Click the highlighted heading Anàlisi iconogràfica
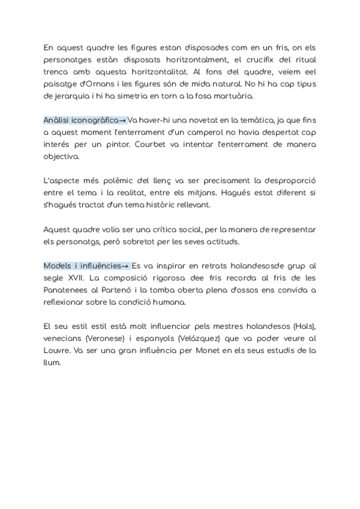pyautogui.click(x=80, y=120)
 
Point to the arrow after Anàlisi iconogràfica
pyautogui.click(x=122, y=120)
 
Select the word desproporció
pyautogui.click(x=284, y=180)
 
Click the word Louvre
pyautogui.click(x=58, y=350)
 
